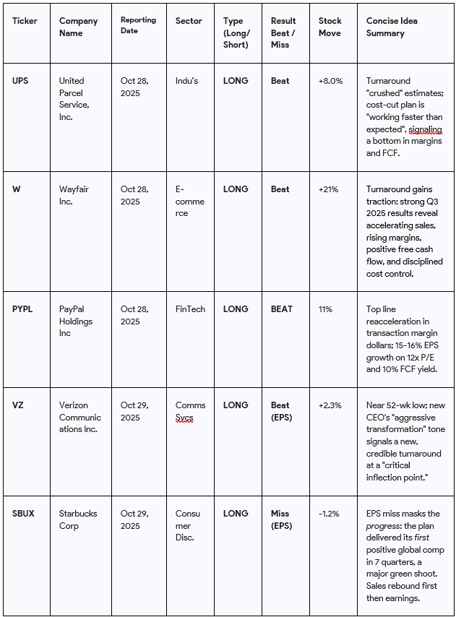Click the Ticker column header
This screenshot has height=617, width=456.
pyautogui.click(x=25, y=21)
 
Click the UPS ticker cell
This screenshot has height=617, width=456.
pyautogui.click(x=20, y=81)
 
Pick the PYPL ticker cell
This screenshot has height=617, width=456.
pyautogui.click(x=22, y=309)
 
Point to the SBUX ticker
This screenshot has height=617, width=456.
pyautogui.click(x=24, y=514)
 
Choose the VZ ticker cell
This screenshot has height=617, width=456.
pyautogui.click(x=17, y=405)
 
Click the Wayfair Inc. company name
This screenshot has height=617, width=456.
pyautogui.click(x=74, y=195)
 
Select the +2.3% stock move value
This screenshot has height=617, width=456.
pyautogui.click(x=330, y=405)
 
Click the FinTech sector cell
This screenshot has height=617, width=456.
pyautogui.click(x=191, y=309)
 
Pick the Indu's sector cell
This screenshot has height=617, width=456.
pyautogui.click(x=187, y=81)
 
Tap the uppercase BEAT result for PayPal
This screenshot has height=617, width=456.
pyautogui.click(x=282, y=309)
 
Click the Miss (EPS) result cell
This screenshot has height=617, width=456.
pyautogui.click(x=281, y=519)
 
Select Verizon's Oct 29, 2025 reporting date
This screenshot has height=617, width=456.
pyautogui.click(x=134, y=411)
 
